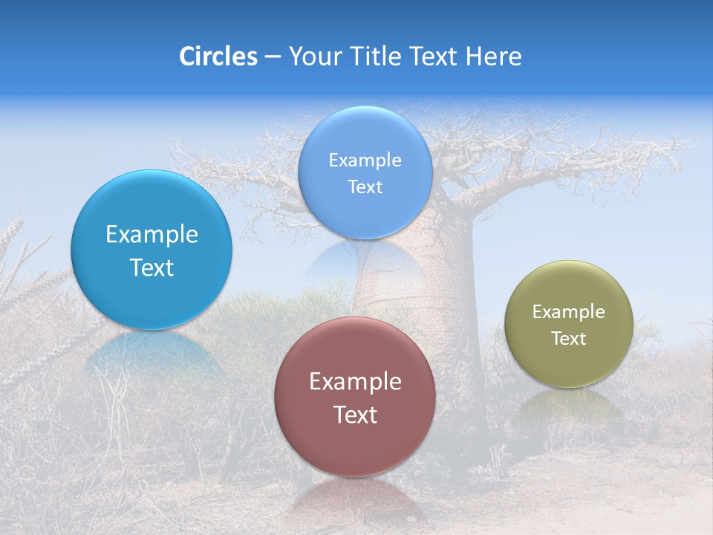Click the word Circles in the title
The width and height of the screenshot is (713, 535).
tap(218, 56)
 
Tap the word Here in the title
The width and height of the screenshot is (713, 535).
tap(493, 56)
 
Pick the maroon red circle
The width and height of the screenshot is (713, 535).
tap(355, 446)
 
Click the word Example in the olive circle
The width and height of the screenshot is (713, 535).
tap(568, 312)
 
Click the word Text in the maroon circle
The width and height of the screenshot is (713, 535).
tap(355, 415)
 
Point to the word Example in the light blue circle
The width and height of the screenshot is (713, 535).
tap(365, 160)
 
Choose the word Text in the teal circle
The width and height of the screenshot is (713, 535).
tap(152, 267)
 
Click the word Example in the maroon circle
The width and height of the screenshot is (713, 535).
tap(355, 382)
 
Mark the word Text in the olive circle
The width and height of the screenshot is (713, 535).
tap(568, 339)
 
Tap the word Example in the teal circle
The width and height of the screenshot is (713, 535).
tap(152, 235)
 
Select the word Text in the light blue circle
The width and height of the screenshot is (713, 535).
tap(365, 187)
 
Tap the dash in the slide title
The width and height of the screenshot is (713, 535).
tap(273, 57)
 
